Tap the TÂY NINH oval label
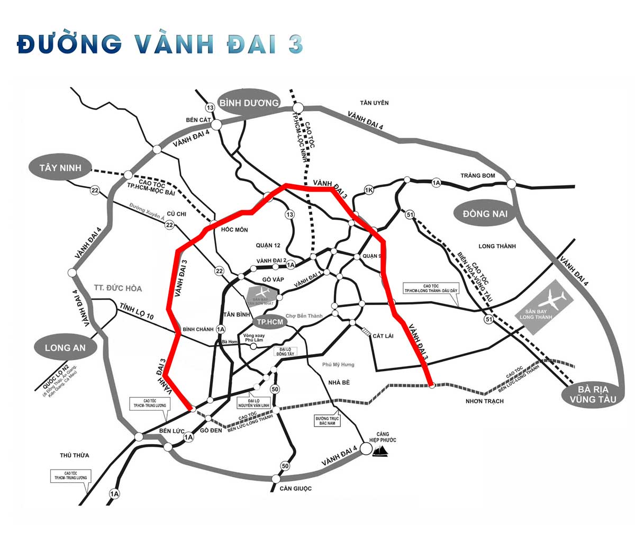click(x=60, y=168)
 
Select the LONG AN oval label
click(x=65, y=348)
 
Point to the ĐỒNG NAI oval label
click(x=485, y=213)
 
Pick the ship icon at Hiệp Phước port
click(x=382, y=451)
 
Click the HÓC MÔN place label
click(x=234, y=230)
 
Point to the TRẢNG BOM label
click(x=477, y=176)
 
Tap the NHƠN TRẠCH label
click(x=484, y=401)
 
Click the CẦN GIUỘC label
click(x=296, y=488)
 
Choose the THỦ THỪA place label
click(x=75, y=455)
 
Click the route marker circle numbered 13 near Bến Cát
click(x=210, y=108)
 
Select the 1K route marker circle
click(x=369, y=190)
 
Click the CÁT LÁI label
click(x=384, y=336)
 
